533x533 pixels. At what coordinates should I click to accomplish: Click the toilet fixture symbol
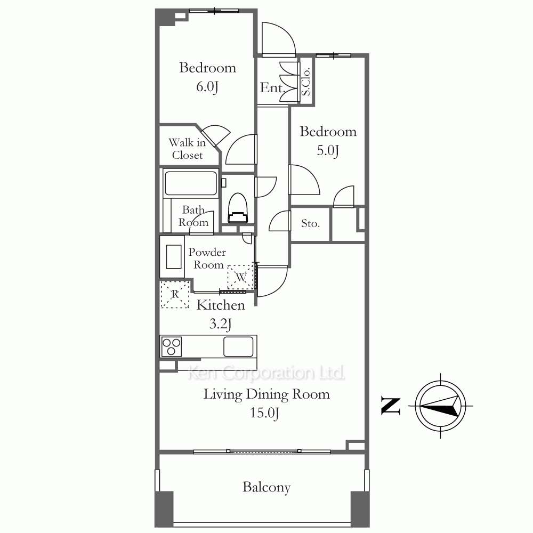click(x=238, y=208)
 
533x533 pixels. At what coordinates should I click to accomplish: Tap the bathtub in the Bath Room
click(x=191, y=183)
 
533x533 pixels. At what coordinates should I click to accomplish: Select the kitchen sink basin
click(x=238, y=346)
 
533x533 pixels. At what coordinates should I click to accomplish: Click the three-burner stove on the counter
click(x=171, y=346)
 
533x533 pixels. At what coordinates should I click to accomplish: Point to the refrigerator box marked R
click(x=175, y=294)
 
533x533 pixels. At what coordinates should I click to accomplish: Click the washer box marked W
click(x=241, y=277)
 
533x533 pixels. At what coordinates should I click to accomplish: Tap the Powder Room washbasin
click(x=174, y=257)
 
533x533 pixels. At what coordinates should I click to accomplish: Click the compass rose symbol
click(x=441, y=406)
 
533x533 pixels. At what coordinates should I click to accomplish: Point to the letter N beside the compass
click(x=391, y=406)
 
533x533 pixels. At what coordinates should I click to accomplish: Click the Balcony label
click(x=266, y=487)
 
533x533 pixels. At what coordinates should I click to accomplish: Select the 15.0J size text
click(x=264, y=413)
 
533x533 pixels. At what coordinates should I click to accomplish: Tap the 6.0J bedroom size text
click(x=207, y=87)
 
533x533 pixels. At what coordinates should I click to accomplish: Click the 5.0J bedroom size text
click(x=328, y=151)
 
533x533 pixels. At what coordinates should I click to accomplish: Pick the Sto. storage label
click(x=310, y=223)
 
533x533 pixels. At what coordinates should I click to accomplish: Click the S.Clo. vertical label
click(x=306, y=82)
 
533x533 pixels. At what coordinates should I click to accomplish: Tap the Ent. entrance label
click(x=272, y=88)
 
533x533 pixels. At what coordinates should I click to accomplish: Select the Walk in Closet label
click(x=187, y=149)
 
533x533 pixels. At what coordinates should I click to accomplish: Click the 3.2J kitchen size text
click(x=221, y=324)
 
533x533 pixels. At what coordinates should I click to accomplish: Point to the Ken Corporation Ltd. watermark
click(x=266, y=373)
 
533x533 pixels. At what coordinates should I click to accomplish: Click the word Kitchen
click(x=221, y=305)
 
